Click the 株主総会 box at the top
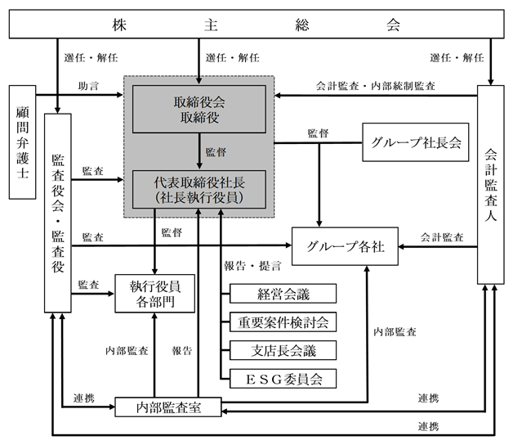click(256, 24)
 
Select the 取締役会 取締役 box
click(199, 109)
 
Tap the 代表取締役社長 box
click(199, 189)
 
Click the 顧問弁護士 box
click(22, 142)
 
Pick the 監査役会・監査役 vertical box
click(57, 213)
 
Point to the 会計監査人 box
click(490, 185)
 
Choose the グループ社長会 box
click(416, 142)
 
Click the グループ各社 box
click(345, 246)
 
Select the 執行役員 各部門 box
click(154, 294)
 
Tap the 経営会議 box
click(283, 294)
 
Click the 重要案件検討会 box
click(283, 321)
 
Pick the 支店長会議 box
click(283, 350)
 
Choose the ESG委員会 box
click(283, 379)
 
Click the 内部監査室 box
click(168, 407)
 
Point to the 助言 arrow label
click(88, 86)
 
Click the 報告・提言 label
click(252, 266)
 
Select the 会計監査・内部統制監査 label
click(375, 86)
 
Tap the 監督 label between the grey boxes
click(216, 152)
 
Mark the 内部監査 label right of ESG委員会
click(395, 332)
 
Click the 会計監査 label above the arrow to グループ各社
click(442, 237)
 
